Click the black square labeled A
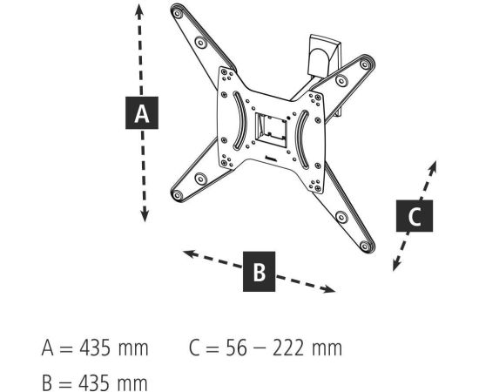[142, 112]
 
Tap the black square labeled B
[259, 271]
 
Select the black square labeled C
[415, 216]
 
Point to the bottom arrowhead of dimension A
[145, 214]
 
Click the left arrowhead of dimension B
[190, 253]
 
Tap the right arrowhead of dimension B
[328, 288]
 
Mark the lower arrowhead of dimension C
[396, 264]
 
